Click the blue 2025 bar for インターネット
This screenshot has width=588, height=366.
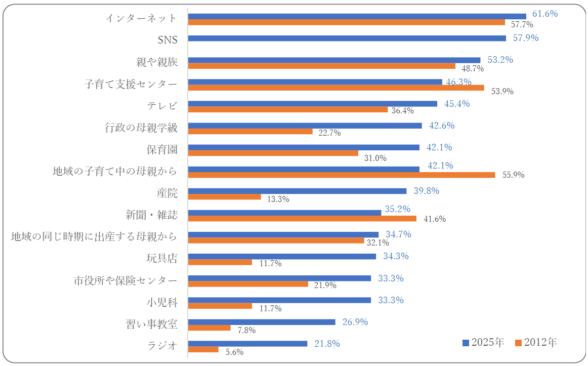(x=357, y=16)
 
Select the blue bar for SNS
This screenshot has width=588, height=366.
(x=347, y=38)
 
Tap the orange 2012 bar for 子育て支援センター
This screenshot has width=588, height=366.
(x=336, y=88)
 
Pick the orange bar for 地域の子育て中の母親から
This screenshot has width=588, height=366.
(x=342, y=175)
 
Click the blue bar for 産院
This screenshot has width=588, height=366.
(x=297, y=191)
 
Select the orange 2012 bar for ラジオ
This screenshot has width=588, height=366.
(x=203, y=349)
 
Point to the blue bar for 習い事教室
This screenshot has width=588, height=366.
(x=262, y=322)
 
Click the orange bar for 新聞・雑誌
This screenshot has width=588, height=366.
(x=302, y=218)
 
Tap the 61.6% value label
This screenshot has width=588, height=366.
(x=545, y=14)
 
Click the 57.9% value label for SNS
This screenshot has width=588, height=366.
(x=525, y=38)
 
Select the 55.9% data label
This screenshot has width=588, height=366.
(x=513, y=175)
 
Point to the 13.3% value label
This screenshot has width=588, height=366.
(x=278, y=199)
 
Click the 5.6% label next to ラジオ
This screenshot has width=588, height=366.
(x=234, y=352)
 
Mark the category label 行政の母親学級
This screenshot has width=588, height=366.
(x=141, y=128)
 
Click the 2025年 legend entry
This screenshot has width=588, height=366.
(x=483, y=343)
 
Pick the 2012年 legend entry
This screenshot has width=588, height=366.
(x=536, y=343)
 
